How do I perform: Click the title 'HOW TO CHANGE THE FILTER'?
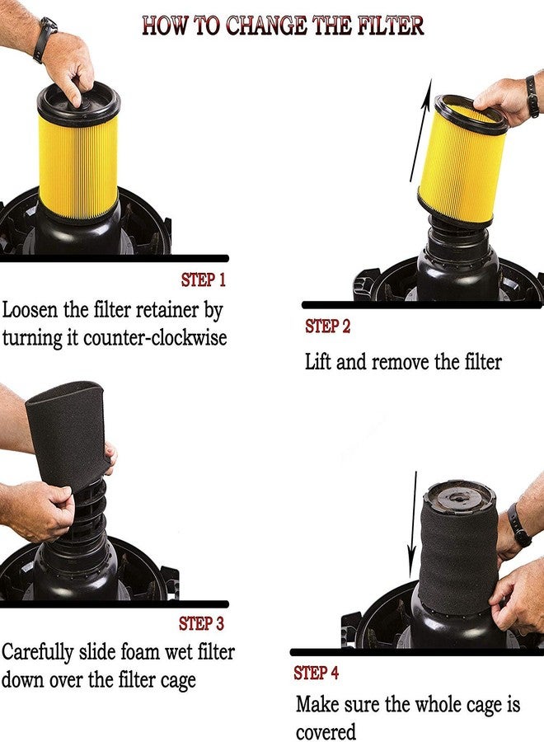[283, 25]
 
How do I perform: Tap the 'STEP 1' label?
[203, 280]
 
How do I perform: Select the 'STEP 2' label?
[327, 326]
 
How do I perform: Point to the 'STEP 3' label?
[201, 624]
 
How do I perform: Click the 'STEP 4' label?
[316, 674]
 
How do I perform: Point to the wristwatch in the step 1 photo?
[45, 40]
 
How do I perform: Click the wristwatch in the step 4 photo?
[518, 525]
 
